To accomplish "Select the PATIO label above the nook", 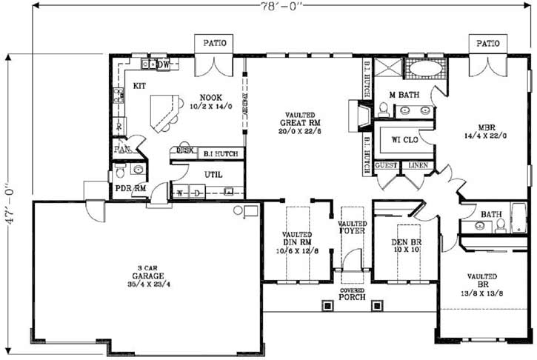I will (x=213, y=44).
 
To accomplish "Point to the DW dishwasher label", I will (x=164, y=65).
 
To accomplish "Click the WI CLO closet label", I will (x=404, y=139).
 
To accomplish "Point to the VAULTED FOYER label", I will (x=352, y=227).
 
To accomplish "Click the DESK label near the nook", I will (x=183, y=150).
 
